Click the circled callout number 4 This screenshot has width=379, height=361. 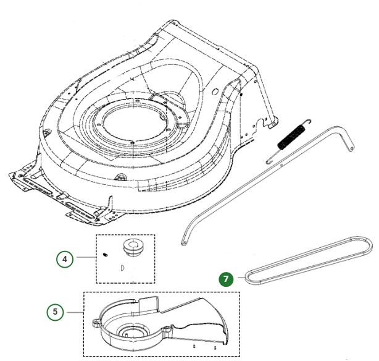click(x=65, y=260)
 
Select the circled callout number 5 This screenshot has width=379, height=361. click(x=56, y=312)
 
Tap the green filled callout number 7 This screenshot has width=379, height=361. click(x=227, y=279)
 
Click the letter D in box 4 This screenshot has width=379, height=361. click(x=122, y=268)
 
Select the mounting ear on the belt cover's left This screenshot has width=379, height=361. click(x=96, y=321)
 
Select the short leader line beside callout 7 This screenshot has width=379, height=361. click(x=239, y=279)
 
